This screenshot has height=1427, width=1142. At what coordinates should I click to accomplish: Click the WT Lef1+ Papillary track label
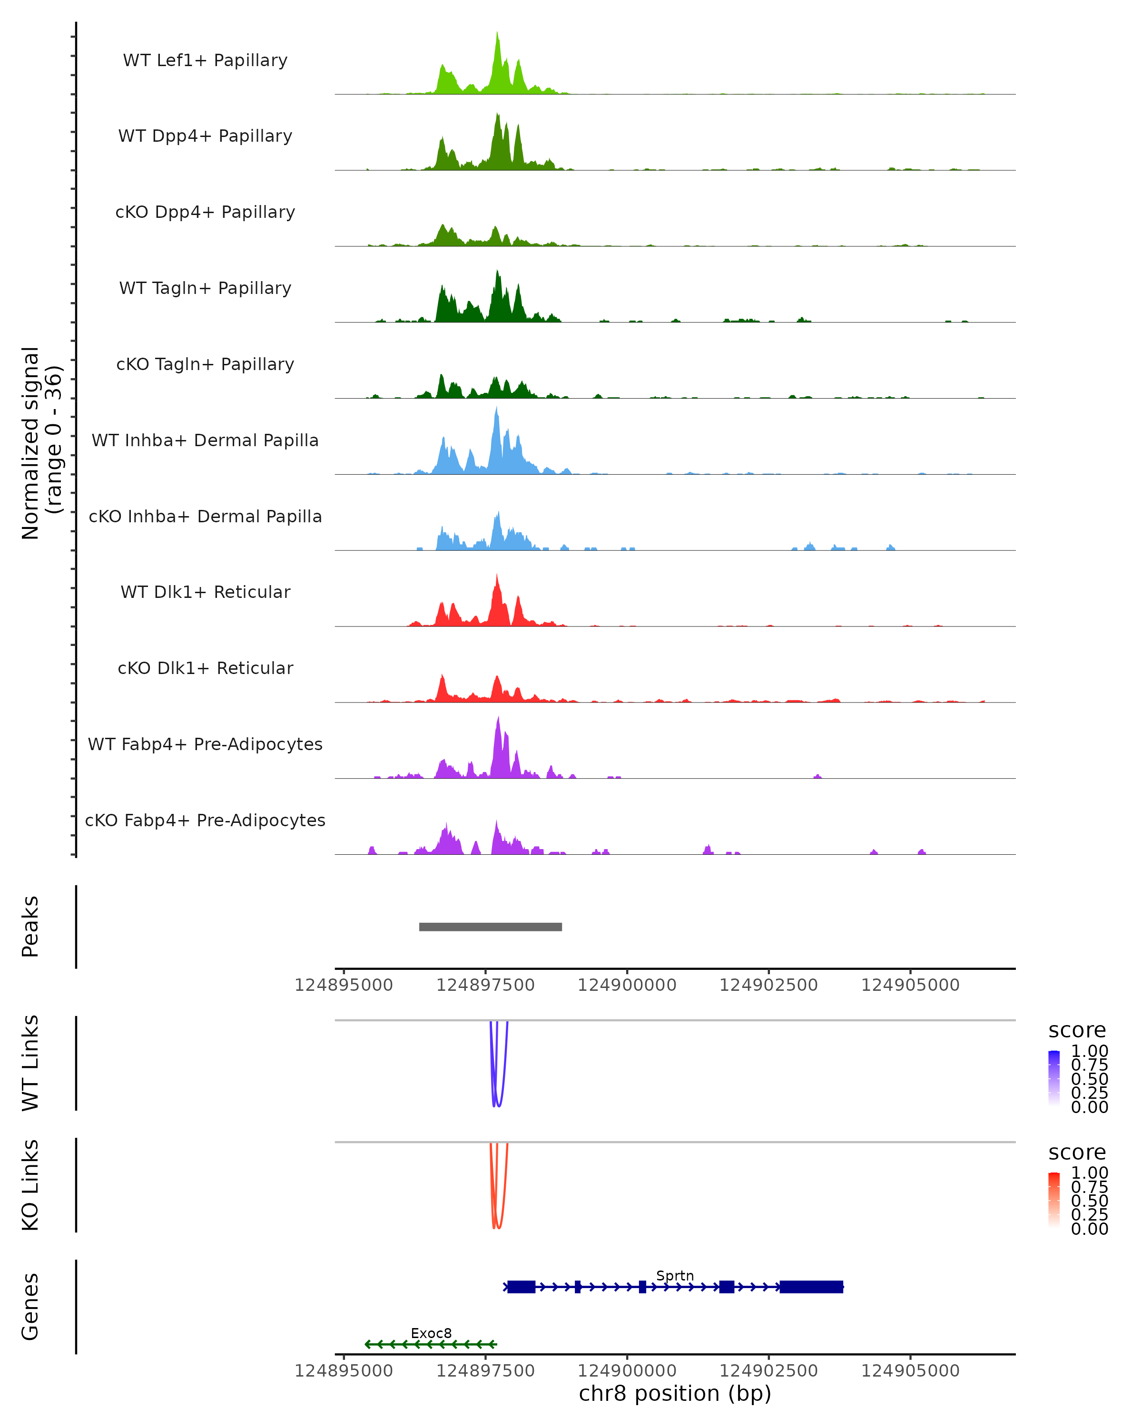[205, 60]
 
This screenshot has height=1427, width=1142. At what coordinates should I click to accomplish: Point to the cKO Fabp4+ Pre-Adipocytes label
[205, 820]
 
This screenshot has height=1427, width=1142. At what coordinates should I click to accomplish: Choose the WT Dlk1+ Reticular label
[205, 592]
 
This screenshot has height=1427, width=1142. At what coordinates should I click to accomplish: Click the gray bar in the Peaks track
[490, 927]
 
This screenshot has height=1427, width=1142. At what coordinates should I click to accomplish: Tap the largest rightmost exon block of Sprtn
[811, 1287]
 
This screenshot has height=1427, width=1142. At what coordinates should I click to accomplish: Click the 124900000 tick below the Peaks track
[627, 985]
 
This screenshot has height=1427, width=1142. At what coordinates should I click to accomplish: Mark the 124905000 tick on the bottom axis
[910, 1371]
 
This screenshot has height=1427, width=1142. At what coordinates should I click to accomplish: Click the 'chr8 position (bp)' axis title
[675, 1394]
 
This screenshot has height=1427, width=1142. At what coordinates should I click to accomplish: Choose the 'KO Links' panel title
[30, 1185]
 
